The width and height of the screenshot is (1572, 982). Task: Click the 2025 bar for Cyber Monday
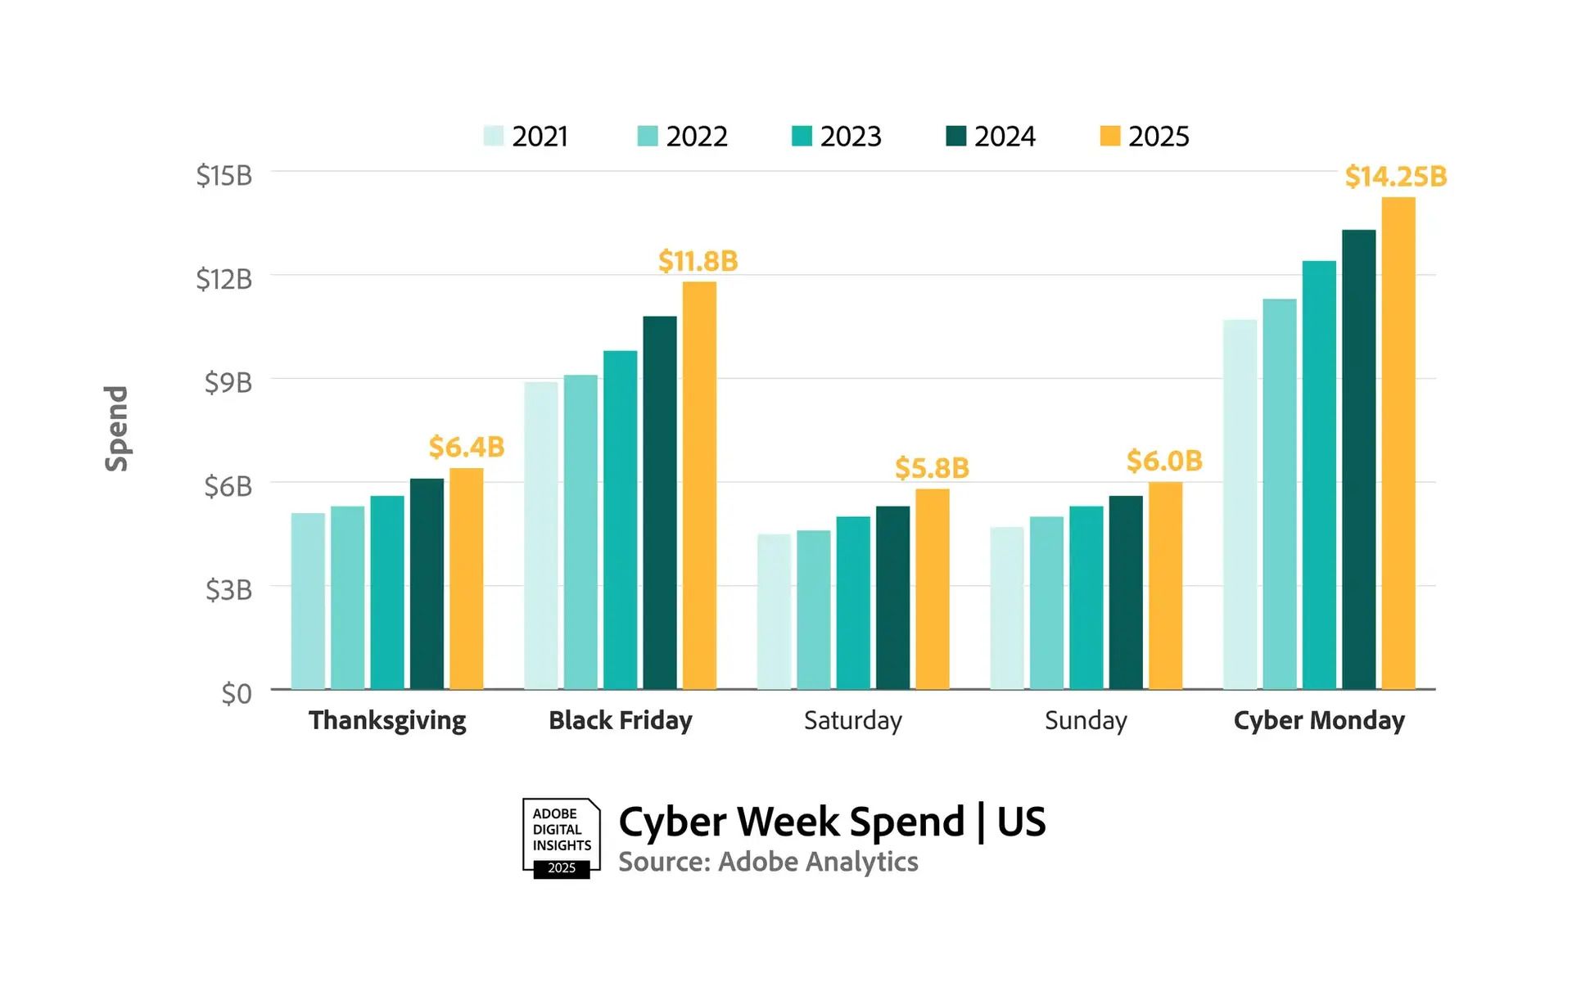(x=1398, y=443)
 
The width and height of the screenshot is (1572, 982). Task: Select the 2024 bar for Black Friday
(x=660, y=502)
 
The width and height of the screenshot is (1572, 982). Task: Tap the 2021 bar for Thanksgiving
(x=308, y=601)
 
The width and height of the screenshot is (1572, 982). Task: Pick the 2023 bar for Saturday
(x=853, y=602)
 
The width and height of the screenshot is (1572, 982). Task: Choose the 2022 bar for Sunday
(x=1046, y=602)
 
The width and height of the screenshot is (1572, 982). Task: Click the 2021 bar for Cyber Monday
(x=1240, y=504)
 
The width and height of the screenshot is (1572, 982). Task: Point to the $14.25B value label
(x=1396, y=176)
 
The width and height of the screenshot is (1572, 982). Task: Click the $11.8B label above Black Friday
(x=698, y=261)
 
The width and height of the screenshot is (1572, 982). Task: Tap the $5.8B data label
(x=932, y=468)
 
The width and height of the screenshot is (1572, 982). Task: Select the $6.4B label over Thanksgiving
(x=467, y=447)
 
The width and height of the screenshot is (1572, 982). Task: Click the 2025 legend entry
(x=1145, y=136)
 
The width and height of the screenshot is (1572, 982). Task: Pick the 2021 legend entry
(x=526, y=136)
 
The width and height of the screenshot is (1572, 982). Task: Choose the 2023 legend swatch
(x=802, y=136)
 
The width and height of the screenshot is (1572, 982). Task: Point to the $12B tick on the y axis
(x=224, y=279)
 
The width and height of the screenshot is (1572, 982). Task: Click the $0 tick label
(x=237, y=693)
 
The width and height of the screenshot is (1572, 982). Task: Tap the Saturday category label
(x=853, y=720)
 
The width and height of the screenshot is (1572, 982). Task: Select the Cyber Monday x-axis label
(x=1319, y=720)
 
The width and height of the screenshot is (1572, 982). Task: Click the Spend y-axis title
(x=116, y=428)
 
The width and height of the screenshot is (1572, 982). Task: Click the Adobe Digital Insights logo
(x=562, y=839)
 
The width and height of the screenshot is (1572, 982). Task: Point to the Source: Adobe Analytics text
(x=768, y=862)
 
